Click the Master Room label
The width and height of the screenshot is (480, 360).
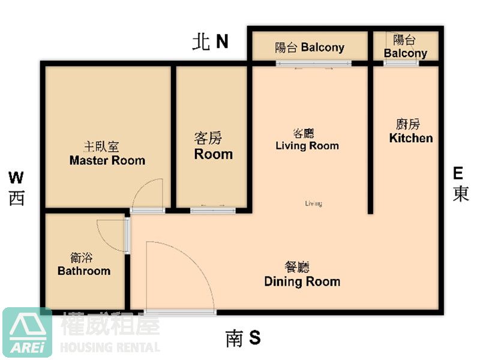pyautogui.click(x=107, y=160)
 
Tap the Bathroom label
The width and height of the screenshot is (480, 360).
pyautogui.click(x=84, y=271)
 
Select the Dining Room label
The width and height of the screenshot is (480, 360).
pyautogui.click(x=302, y=281)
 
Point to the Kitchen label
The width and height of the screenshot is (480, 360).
pyautogui.click(x=411, y=138)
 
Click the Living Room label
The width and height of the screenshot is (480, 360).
pyautogui.click(x=307, y=146)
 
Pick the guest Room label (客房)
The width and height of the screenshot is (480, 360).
pyautogui.click(x=214, y=154)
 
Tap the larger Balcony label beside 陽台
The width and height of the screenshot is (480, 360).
pyautogui.click(x=323, y=47)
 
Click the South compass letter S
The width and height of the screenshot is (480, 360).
pyautogui.click(x=254, y=337)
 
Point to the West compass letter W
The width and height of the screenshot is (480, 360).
pyautogui.click(x=16, y=178)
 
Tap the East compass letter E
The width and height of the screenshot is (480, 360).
pyautogui.click(x=458, y=173)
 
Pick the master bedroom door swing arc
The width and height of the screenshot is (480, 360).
pyautogui.click(x=141, y=187)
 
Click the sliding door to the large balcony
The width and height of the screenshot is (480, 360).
pyautogui.click(x=313, y=64)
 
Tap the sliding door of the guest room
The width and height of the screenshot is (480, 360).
pyautogui.click(x=213, y=211)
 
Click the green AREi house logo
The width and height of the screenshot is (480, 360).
pyautogui.click(x=27, y=332)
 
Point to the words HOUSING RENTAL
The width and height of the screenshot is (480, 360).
pyautogui.click(x=110, y=347)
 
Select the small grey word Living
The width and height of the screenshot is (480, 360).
pyautogui.click(x=313, y=203)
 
